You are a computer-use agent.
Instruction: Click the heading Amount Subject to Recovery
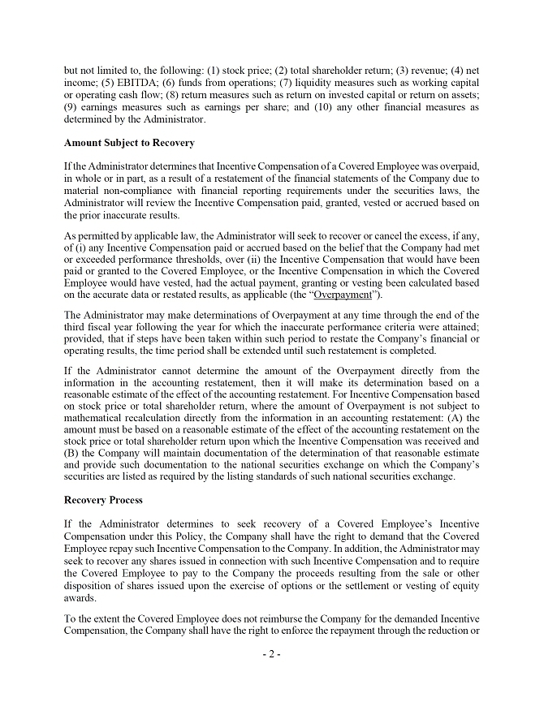pos(129,143)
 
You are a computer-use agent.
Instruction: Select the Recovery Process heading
pos(103,500)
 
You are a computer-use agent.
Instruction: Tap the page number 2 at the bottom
pos(272,655)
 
